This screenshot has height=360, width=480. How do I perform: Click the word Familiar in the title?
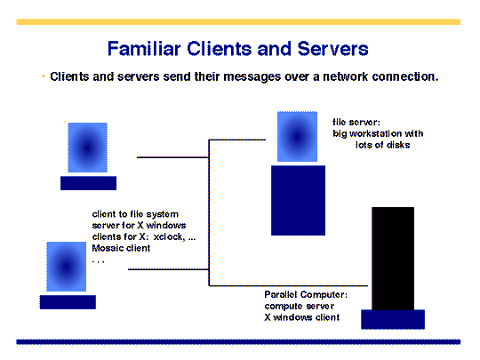click(x=144, y=49)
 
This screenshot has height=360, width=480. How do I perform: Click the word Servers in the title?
click(x=332, y=49)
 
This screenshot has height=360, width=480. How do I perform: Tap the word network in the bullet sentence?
click(x=345, y=76)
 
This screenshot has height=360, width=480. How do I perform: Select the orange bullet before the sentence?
click(x=44, y=76)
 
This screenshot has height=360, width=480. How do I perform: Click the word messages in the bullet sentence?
click(x=252, y=77)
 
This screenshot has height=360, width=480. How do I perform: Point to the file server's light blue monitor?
click(x=297, y=137)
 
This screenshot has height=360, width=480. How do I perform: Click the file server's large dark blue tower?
click(x=298, y=201)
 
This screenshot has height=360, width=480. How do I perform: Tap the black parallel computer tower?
click(x=393, y=259)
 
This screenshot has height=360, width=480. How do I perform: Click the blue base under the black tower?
click(x=393, y=319)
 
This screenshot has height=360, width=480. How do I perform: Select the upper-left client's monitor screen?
click(x=87, y=148)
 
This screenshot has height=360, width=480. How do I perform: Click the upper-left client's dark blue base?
click(x=89, y=183)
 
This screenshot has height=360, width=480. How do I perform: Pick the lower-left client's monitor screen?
click(x=66, y=267)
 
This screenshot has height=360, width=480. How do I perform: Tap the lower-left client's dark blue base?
click(x=68, y=302)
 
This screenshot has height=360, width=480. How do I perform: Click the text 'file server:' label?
click(x=356, y=123)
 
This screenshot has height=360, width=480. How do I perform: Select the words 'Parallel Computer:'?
click(x=306, y=294)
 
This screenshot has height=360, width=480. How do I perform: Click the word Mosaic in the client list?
click(x=108, y=248)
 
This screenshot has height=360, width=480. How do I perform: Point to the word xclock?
click(x=169, y=237)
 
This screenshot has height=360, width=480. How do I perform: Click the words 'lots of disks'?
click(x=382, y=145)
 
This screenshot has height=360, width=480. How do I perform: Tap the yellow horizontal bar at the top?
click(x=238, y=21)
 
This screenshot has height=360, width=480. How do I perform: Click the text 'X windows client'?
click(x=302, y=317)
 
